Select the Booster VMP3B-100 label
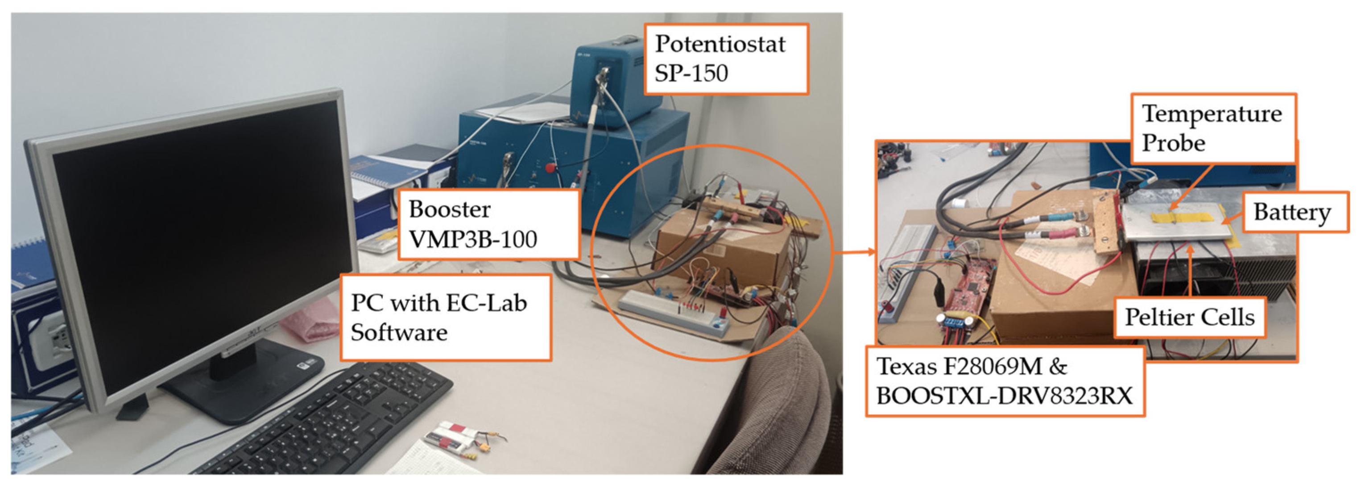click(489, 224)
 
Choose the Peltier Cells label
click(1190, 317)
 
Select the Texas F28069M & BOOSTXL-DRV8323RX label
click(1005, 381)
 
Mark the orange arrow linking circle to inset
click(854, 253)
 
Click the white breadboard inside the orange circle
click(674, 315)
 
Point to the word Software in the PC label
click(399, 333)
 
